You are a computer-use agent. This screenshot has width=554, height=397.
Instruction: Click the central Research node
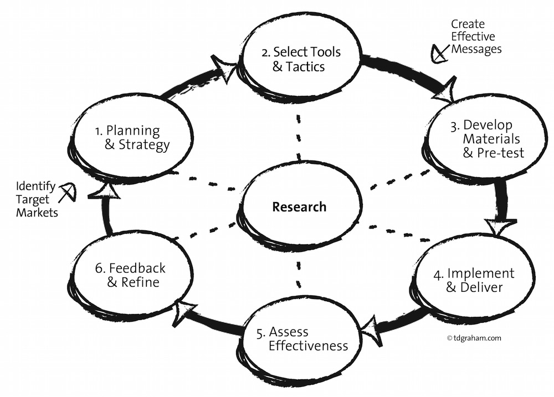click(x=299, y=207)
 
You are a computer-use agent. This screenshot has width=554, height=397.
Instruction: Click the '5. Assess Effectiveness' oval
click(x=302, y=339)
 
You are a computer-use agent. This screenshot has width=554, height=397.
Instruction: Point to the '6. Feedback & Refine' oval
click(x=130, y=275)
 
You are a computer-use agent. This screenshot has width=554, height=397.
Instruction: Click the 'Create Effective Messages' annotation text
click(x=475, y=37)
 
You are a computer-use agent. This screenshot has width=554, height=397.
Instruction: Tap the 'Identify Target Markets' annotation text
click(x=36, y=199)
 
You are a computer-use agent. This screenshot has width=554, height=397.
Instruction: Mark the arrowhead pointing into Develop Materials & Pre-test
click(x=445, y=91)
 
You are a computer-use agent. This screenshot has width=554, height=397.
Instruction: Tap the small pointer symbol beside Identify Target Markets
click(x=68, y=192)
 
